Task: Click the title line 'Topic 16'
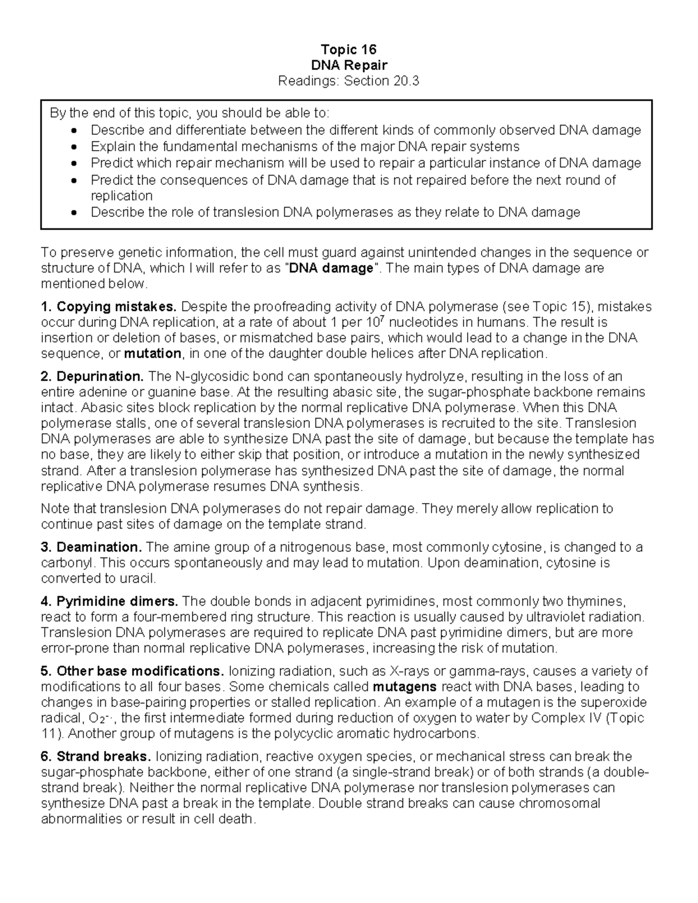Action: coord(348,49)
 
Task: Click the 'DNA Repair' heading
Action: coord(348,65)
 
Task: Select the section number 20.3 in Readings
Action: coord(406,81)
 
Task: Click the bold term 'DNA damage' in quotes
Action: coord(330,268)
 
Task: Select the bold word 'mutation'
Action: coord(153,354)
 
